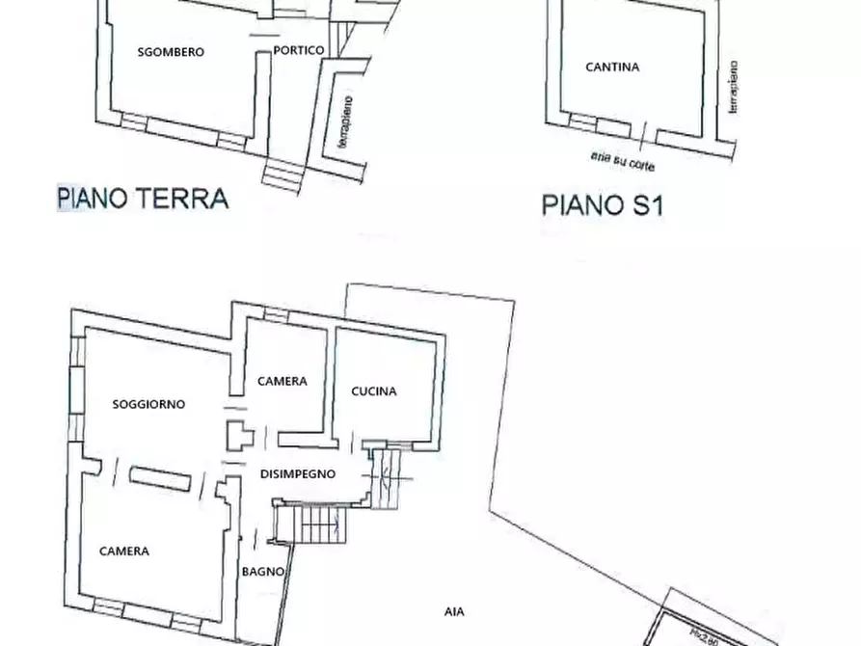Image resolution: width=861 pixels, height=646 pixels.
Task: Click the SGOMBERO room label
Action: [172, 52]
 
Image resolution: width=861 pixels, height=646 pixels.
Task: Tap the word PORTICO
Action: [298, 51]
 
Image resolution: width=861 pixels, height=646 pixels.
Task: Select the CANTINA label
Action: [612, 67]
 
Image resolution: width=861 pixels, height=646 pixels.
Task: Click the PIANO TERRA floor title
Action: [143, 199]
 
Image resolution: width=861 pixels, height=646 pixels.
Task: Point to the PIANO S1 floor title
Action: [602, 204]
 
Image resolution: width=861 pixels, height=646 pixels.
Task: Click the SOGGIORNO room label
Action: [148, 405]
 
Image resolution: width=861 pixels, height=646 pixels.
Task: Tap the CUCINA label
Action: [374, 391]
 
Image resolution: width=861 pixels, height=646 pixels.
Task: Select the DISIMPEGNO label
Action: [298, 473]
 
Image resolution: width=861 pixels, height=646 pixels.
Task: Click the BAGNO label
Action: [262, 572]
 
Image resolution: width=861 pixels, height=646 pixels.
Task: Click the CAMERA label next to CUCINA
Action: [283, 382]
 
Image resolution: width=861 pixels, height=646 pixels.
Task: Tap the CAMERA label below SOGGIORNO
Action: [124, 552]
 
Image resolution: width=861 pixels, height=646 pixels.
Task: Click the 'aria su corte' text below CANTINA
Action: [622, 160]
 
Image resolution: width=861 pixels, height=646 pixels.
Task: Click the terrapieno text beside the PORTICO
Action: [343, 121]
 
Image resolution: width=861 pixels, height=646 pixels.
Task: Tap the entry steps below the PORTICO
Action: [283, 174]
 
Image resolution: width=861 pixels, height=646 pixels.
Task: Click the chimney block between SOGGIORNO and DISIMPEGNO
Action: [237, 436]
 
